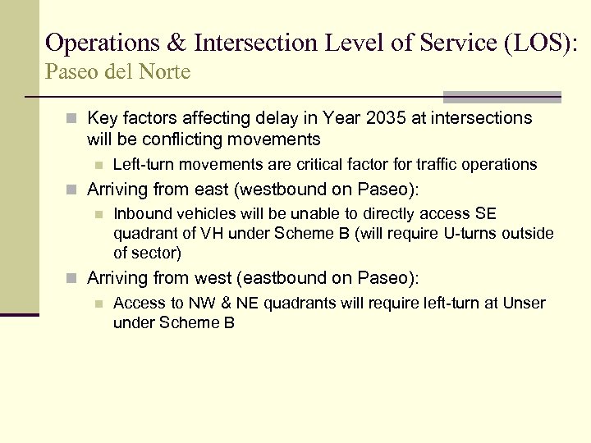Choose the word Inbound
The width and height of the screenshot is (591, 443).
(x=140, y=215)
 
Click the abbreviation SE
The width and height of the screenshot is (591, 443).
(x=486, y=215)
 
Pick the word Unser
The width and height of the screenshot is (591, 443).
(x=524, y=304)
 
